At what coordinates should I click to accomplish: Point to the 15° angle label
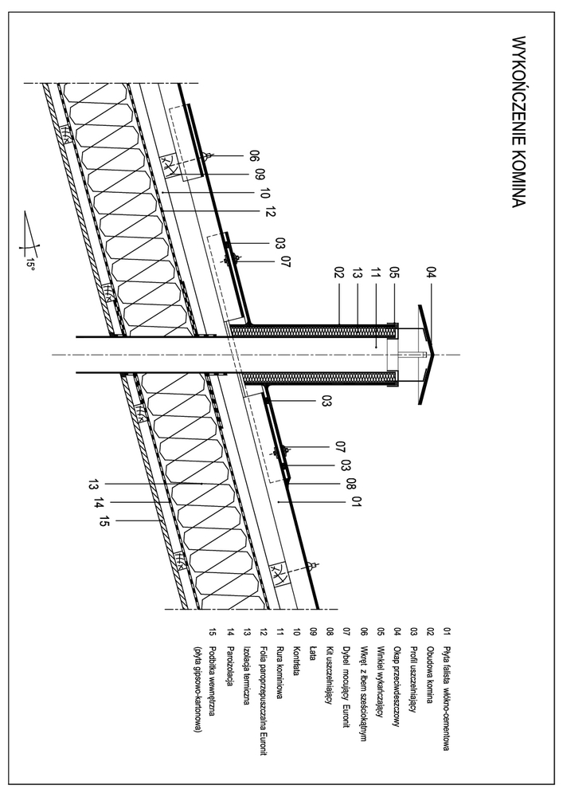(30, 263)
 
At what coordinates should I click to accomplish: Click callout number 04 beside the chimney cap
(432, 276)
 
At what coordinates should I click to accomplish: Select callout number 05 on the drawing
(393, 274)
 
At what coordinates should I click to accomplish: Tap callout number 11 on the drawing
(376, 274)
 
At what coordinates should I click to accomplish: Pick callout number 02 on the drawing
(338, 274)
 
